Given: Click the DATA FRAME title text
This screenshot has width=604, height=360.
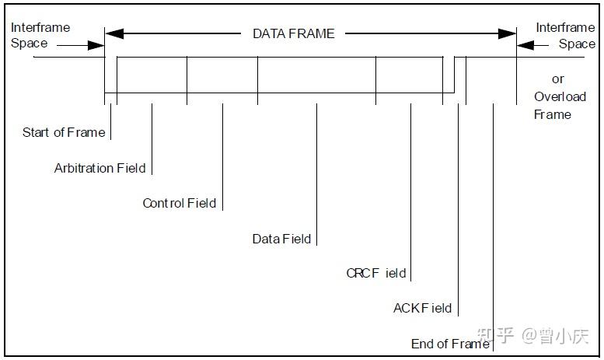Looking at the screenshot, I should pos(294,33).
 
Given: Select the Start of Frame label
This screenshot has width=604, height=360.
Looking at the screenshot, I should pos(64,132).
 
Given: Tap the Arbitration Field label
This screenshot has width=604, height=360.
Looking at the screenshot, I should pos(100,168).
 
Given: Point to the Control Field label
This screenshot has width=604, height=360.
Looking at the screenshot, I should pos(179,203).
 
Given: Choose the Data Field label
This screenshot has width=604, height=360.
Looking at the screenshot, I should pos(281,239).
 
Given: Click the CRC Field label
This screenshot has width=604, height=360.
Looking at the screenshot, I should pos(376,273).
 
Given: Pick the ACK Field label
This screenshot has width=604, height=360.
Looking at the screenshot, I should pos(422,308).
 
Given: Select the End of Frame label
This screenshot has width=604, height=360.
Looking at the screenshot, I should pos(450,344).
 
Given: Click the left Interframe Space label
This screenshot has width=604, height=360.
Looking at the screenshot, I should pos(40,35).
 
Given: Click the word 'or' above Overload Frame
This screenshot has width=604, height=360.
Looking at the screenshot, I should pos(558,79).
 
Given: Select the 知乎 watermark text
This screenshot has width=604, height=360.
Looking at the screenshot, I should pos(494,336).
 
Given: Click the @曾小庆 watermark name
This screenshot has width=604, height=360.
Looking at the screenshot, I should pos(555,336).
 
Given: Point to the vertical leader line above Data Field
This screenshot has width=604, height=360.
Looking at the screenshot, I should pos(316,171).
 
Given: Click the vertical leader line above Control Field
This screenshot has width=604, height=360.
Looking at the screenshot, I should pos(222,152).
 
